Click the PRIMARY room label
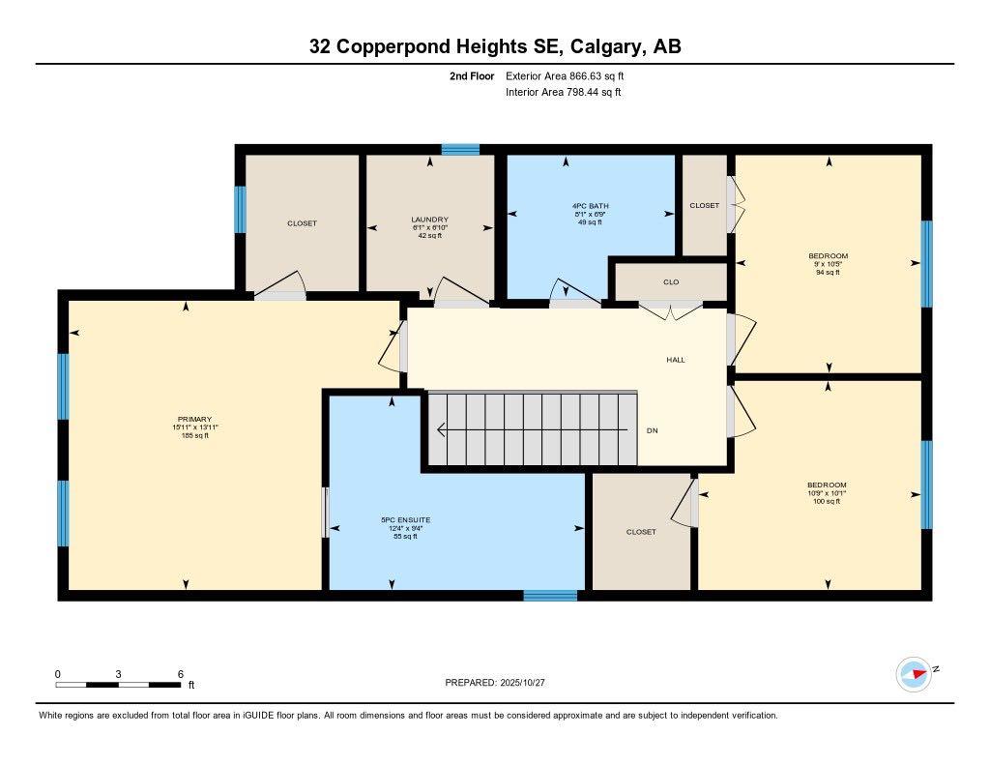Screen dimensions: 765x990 point(194,419)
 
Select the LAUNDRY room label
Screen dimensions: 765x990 point(429,220)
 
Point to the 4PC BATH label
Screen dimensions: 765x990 point(590,206)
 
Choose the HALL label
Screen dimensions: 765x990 point(675,360)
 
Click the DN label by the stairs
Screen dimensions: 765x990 point(652,430)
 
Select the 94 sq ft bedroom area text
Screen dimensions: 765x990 point(828,273)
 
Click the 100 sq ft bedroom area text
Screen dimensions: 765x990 point(827,501)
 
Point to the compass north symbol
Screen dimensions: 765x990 point(914,673)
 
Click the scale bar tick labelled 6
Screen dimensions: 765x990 point(180,673)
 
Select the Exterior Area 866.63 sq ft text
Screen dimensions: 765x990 point(571,75)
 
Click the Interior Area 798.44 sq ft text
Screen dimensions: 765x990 point(563,93)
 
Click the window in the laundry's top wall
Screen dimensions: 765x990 point(461,149)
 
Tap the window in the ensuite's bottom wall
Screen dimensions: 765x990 point(550,595)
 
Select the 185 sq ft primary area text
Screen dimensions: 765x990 point(194,436)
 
